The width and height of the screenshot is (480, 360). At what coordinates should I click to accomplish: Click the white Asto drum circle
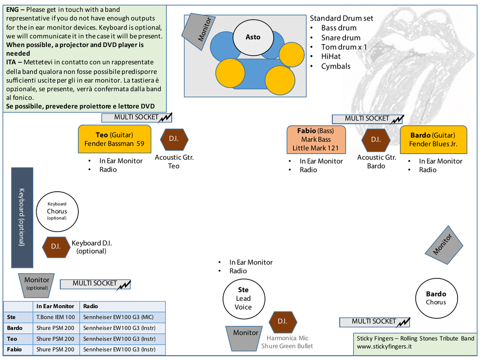coord(253,37)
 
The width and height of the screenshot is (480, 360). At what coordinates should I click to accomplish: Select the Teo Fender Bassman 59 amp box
coord(114,139)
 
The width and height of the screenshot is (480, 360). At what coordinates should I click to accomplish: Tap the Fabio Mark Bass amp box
coord(316,139)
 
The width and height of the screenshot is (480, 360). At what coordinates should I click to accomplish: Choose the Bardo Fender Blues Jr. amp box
coord(433,140)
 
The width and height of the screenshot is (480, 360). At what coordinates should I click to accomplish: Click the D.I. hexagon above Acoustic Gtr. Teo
coord(174,139)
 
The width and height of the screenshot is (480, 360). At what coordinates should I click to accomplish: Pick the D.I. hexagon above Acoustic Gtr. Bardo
coord(376,139)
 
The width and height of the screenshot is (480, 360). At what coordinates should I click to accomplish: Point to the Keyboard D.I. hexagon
coord(56,247)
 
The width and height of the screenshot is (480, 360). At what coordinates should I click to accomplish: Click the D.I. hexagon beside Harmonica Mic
coord(283,322)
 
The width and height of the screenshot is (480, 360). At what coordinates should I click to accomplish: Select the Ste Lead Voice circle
coord(244,299)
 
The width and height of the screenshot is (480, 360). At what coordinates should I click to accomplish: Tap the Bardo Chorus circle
coord(436,298)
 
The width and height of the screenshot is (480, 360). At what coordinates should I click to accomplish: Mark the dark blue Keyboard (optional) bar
coord(22,217)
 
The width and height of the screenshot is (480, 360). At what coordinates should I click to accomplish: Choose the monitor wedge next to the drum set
coord(198,31)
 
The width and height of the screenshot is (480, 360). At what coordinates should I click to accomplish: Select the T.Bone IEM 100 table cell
coord(56,317)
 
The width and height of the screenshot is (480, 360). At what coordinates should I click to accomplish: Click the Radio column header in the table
coord(90,306)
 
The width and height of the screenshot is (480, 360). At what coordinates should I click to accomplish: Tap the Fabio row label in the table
coord(15,349)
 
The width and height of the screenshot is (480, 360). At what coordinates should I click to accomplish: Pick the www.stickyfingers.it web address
coord(384,347)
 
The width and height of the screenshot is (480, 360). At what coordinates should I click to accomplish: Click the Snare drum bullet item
coord(341,37)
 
